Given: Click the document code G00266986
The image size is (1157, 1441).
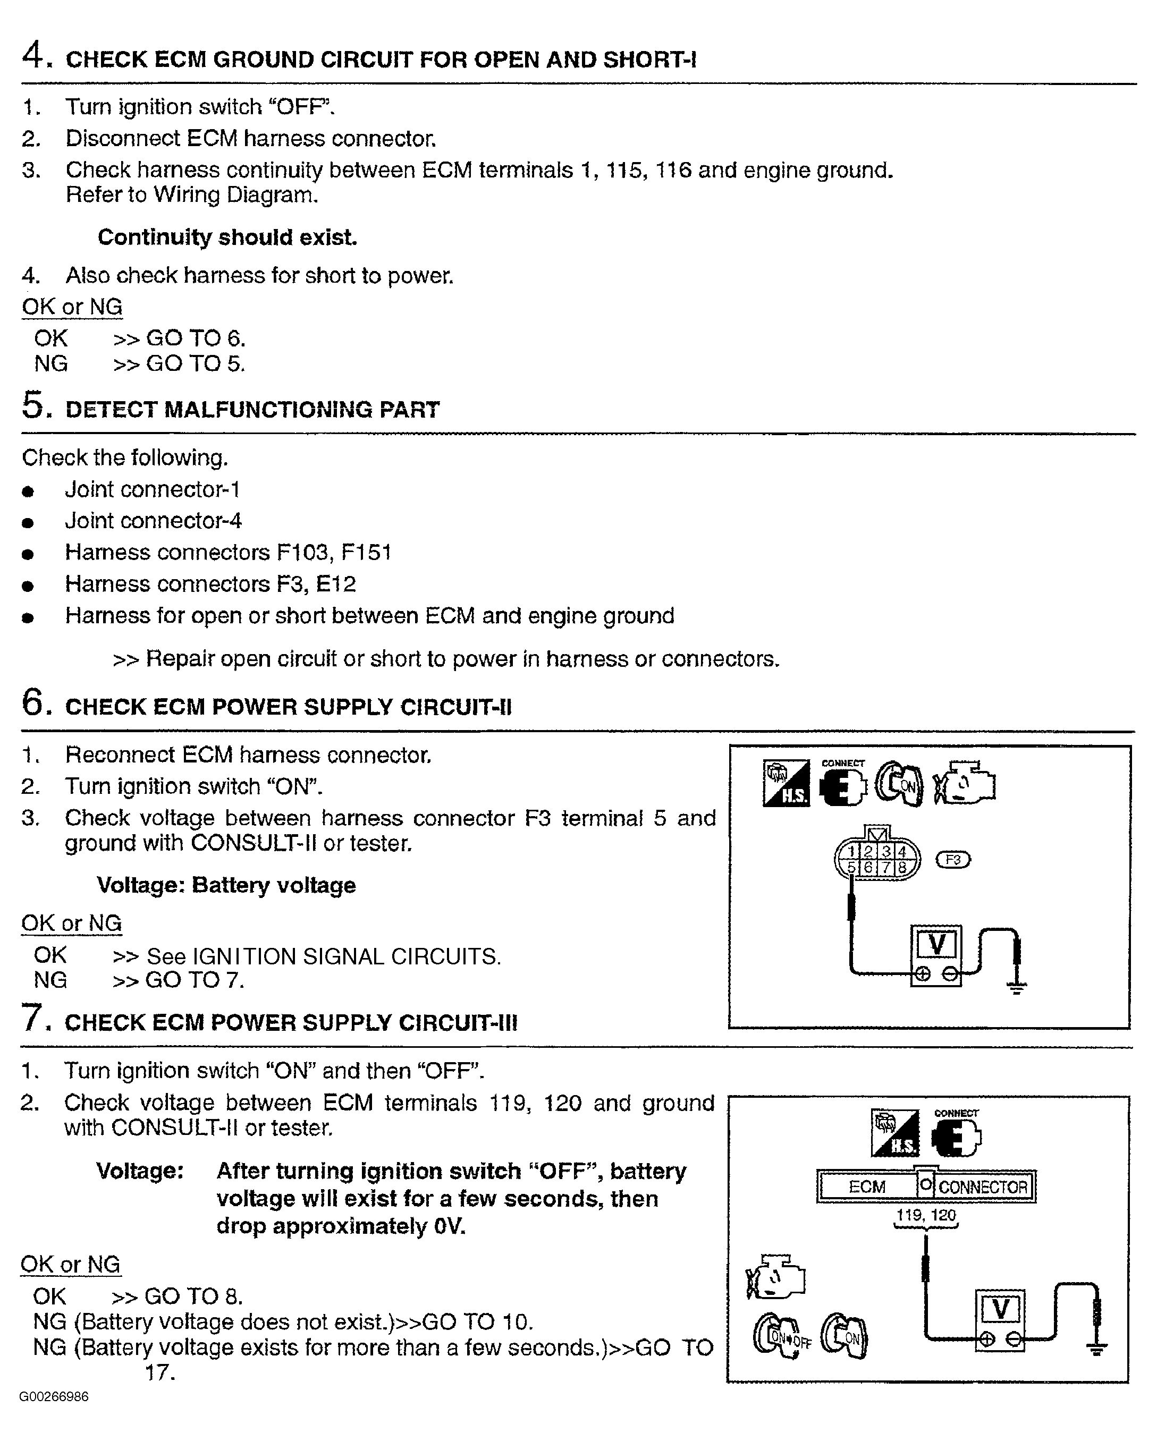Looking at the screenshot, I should click(54, 1397).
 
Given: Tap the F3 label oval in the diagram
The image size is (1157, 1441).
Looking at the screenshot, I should click(952, 860).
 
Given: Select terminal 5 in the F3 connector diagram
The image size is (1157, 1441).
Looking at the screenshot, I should click(851, 868).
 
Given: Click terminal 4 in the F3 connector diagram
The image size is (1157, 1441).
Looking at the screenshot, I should click(902, 852).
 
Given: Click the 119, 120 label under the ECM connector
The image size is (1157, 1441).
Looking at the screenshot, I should click(926, 1215).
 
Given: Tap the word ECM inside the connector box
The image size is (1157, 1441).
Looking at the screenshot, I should click(867, 1187).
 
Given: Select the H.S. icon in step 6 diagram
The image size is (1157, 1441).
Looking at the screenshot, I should click(786, 783).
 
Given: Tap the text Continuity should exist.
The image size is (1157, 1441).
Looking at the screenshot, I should click(227, 238).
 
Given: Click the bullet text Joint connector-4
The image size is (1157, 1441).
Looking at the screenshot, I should click(153, 521).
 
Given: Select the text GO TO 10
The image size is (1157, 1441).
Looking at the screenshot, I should click(477, 1321).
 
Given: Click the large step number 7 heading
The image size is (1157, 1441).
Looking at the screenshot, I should click(33, 1019).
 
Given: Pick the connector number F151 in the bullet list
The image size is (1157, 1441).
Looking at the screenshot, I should click(366, 552).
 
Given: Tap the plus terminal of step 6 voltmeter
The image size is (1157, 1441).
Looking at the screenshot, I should click(923, 974).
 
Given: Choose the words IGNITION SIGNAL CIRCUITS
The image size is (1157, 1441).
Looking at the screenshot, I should click(346, 956).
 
